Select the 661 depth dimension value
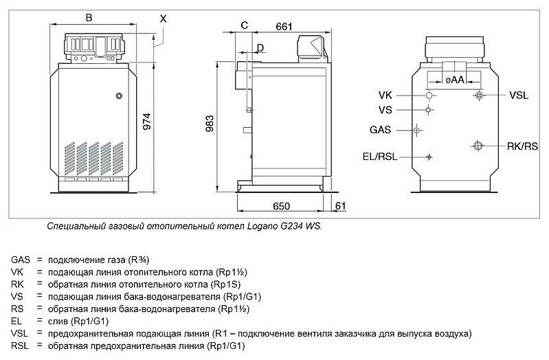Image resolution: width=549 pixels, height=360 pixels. (x=283, y=27)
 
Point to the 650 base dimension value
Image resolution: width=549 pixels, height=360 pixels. (x=280, y=206)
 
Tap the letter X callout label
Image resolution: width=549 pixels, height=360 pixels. (x=163, y=19)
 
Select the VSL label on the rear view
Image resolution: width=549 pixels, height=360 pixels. (x=519, y=95)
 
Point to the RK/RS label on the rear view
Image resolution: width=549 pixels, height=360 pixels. (x=522, y=146)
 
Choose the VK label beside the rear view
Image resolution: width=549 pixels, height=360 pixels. (x=385, y=95)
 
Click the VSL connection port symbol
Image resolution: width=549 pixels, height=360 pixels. (x=478, y=95)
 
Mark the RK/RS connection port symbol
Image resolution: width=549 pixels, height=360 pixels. (x=478, y=144)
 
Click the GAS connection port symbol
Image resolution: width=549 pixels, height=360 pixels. (x=416, y=129)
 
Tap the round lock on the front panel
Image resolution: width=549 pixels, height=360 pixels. (x=119, y=95)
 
